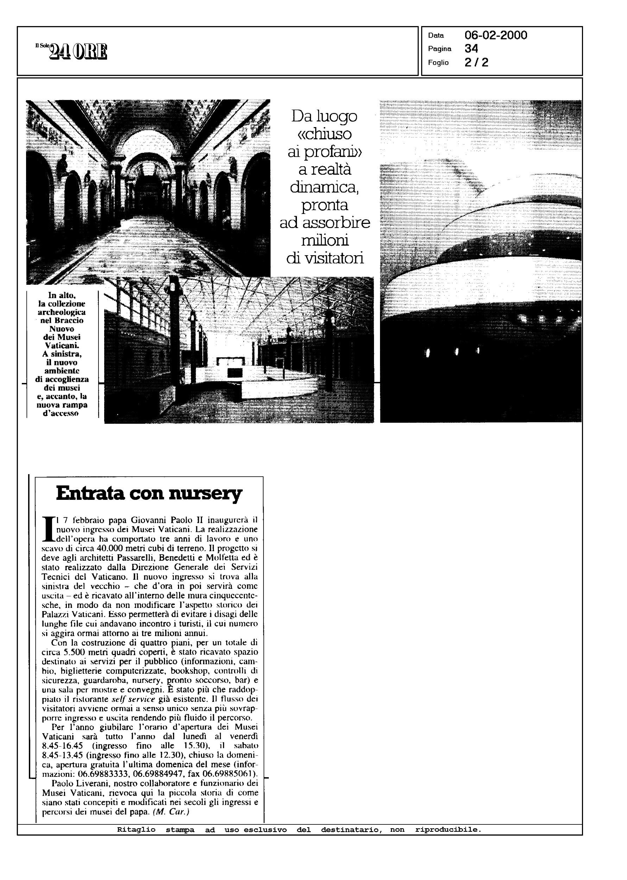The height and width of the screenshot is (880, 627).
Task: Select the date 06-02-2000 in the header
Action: pyautogui.click(x=496, y=36)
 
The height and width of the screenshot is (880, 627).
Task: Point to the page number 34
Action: pyautogui.click(x=471, y=49)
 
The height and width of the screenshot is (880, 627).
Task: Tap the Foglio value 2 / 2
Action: pyautogui.click(x=476, y=63)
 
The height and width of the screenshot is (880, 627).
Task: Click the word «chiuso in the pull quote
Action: pyautogui.click(x=325, y=134)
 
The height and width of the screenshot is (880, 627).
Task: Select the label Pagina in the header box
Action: pyautogui.click(x=440, y=49)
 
